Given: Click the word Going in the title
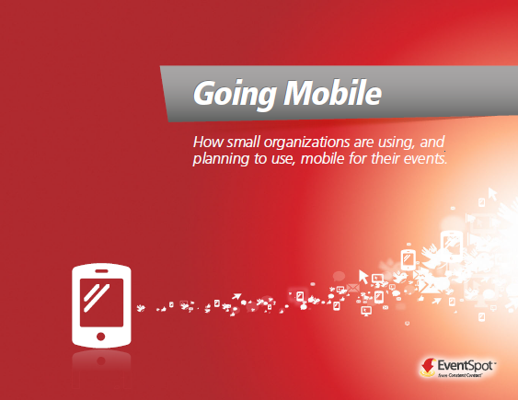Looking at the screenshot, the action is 235,94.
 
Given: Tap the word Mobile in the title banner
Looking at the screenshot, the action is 333,92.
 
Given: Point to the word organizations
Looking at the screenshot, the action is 306,143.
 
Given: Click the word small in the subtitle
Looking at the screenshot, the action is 244,143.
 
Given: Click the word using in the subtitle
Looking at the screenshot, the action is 397,143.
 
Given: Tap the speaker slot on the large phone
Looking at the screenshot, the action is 101,271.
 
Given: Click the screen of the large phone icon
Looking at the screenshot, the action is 101,303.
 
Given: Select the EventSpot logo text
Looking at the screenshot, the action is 466,366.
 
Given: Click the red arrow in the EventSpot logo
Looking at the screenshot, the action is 429,365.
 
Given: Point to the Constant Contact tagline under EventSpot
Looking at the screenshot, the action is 460,375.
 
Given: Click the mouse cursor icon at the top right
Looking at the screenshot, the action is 492,194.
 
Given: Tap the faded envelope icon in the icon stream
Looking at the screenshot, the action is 352,288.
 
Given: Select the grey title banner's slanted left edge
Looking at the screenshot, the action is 164,94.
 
